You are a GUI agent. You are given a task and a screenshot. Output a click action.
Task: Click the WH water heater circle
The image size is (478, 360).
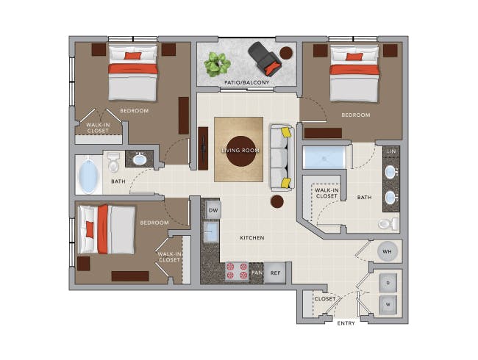point(388,252)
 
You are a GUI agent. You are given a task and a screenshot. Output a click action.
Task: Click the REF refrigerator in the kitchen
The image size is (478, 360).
point(276,273)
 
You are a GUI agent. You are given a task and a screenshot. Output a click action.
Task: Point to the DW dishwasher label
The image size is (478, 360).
point(213,211)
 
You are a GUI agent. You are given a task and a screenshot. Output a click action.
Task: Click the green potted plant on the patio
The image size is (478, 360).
point(217,63)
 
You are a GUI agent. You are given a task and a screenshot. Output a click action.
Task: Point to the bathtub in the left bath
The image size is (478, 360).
point(88,176)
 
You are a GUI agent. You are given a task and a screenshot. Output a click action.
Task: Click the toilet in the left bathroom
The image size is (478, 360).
point(113,162)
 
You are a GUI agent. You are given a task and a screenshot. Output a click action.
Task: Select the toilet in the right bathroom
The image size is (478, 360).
point(388,223)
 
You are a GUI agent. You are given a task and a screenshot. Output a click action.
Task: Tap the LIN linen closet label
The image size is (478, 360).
point(390,151)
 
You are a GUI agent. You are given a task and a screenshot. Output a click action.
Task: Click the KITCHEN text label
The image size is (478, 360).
point(252,238)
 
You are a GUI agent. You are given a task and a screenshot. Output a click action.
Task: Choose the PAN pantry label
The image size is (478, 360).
point(257,273)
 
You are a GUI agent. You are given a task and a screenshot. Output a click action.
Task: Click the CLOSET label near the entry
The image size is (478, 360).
point(325,299)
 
